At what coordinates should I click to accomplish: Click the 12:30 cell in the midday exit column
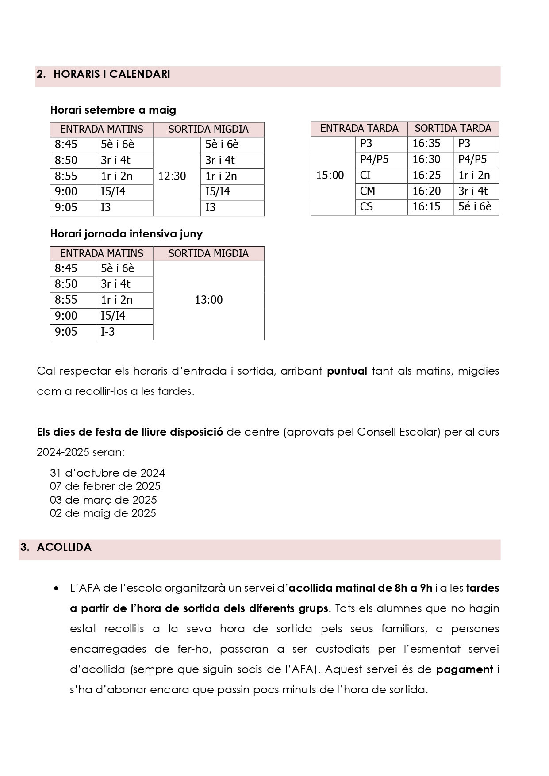click(x=172, y=176)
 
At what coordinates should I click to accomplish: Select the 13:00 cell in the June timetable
click(x=209, y=300)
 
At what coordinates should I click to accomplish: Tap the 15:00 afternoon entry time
click(x=330, y=175)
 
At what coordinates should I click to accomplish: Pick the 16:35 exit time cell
click(x=426, y=143)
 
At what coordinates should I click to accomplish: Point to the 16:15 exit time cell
click(x=426, y=206)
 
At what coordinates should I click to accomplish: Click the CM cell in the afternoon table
click(x=368, y=191)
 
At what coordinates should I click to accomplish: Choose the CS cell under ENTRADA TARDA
click(x=367, y=206)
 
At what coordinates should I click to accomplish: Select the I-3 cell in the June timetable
click(x=108, y=332)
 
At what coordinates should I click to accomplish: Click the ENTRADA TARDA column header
click(x=359, y=128)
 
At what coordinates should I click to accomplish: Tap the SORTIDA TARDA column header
click(x=453, y=128)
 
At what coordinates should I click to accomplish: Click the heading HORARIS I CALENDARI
click(x=111, y=74)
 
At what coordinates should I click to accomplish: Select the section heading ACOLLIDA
click(x=64, y=547)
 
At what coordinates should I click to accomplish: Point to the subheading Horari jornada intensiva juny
click(x=126, y=234)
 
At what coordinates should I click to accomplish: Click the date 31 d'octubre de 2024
click(x=107, y=473)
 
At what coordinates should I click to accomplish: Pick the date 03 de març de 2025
click(x=104, y=500)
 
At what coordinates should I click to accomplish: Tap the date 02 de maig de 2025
click(x=103, y=513)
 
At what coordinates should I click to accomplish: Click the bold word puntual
click(x=347, y=371)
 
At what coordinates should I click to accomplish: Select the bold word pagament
click(x=465, y=669)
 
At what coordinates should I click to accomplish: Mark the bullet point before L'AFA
click(x=56, y=589)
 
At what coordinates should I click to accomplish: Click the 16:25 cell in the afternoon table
click(x=426, y=175)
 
